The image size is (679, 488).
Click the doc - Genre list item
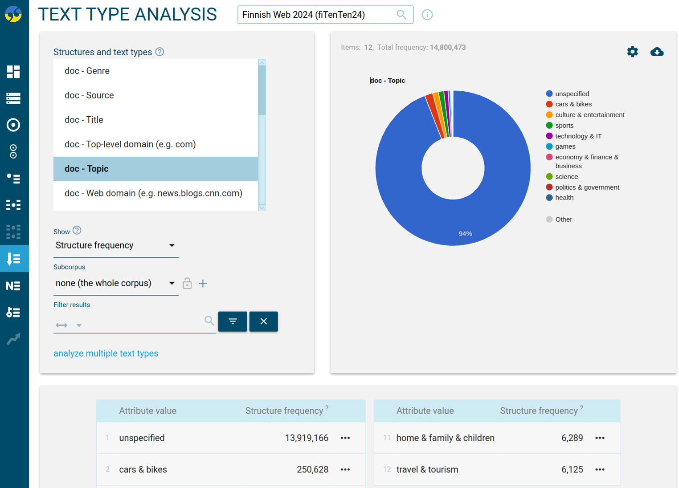(87, 71)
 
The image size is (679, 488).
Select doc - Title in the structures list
(84, 120)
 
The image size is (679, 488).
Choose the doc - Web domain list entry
(153, 193)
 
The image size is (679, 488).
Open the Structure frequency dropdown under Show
(115, 245)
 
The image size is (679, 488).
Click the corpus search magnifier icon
(401, 15)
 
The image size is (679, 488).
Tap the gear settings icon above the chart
(632, 52)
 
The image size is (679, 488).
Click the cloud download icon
(657, 52)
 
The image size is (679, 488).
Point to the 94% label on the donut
(465, 234)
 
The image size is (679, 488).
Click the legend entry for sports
(564, 126)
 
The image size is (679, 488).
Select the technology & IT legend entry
(578, 136)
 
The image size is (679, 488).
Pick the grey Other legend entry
(563, 220)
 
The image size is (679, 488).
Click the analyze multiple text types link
(106, 354)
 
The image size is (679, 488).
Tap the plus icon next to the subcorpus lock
(203, 284)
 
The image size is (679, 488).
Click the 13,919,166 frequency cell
(307, 438)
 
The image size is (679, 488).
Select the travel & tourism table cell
(427, 470)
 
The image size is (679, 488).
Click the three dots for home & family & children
(600, 438)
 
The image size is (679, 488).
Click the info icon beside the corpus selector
(427, 15)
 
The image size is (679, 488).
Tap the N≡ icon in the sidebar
(13, 286)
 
